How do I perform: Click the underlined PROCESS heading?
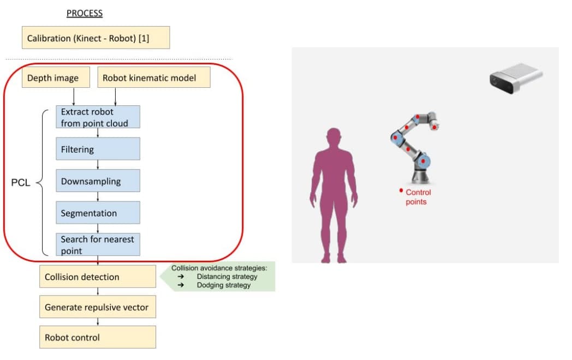tap(84, 13)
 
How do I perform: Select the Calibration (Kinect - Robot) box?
tap(96, 38)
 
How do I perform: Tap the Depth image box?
tap(56, 77)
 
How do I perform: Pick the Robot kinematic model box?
tap(154, 77)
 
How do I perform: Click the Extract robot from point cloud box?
tap(98, 117)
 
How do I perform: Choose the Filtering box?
tap(98, 149)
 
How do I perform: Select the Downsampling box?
tap(98, 181)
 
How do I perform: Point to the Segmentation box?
tap(98, 213)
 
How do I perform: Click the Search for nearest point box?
tap(98, 244)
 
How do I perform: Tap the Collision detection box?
tap(98, 277)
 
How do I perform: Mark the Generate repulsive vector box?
tap(98, 307)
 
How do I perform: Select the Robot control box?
tap(98, 337)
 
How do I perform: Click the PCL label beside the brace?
tap(20, 182)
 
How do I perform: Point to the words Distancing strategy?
tap(227, 277)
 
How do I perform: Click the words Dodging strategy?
tap(224, 285)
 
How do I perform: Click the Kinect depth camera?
tap(516, 78)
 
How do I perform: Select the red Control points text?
tap(418, 197)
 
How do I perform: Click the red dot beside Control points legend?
tap(401, 190)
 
